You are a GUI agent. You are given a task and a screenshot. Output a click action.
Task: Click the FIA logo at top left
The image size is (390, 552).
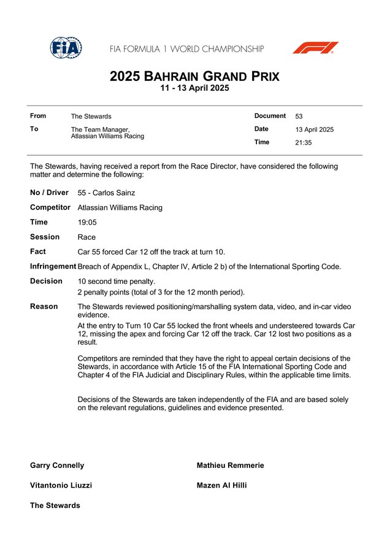[x=66, y=48]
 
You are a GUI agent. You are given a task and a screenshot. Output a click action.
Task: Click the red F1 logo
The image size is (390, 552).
[x=315, y=48]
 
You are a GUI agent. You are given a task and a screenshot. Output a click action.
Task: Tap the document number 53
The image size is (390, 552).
[x=299, y=116]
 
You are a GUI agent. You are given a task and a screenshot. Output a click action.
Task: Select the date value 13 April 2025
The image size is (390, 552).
[x=314, y=129]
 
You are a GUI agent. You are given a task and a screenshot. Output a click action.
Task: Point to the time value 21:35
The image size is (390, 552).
[x=303, y=142]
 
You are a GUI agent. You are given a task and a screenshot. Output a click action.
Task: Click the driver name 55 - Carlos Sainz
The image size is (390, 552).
[x=107, y=193]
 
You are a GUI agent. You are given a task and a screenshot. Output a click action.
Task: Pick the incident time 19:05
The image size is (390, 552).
[x=87, y=222]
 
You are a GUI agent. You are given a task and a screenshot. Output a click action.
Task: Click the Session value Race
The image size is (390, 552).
[x=86, y=237]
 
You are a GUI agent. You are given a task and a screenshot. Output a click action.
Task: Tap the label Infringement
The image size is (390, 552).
[x=53, y=266]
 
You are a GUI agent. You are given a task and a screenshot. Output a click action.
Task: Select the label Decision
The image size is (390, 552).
[x=46, y=281]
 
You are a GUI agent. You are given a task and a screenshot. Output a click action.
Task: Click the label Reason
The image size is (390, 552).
[x=44, y=306]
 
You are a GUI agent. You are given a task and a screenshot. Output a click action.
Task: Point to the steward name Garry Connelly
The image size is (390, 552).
[x=57, y=466]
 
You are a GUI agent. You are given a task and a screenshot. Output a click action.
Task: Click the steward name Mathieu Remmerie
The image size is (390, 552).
[x=230, y=466]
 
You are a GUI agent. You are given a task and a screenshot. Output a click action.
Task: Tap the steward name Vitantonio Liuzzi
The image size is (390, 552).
[x=61, y=485]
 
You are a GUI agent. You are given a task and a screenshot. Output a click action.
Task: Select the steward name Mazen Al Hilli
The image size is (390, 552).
[x=221, y=485]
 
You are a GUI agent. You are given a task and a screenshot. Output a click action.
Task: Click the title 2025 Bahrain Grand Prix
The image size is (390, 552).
[x=194, y=77]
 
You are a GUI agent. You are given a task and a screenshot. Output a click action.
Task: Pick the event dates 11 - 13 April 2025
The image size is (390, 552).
[x=194, y=89]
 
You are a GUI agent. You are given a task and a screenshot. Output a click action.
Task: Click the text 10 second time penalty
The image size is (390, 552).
[x=116, y=281]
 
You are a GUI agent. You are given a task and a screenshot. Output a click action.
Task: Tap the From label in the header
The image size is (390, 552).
[x=38, y=116]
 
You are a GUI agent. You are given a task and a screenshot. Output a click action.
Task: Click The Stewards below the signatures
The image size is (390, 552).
[x=55, y=505]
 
